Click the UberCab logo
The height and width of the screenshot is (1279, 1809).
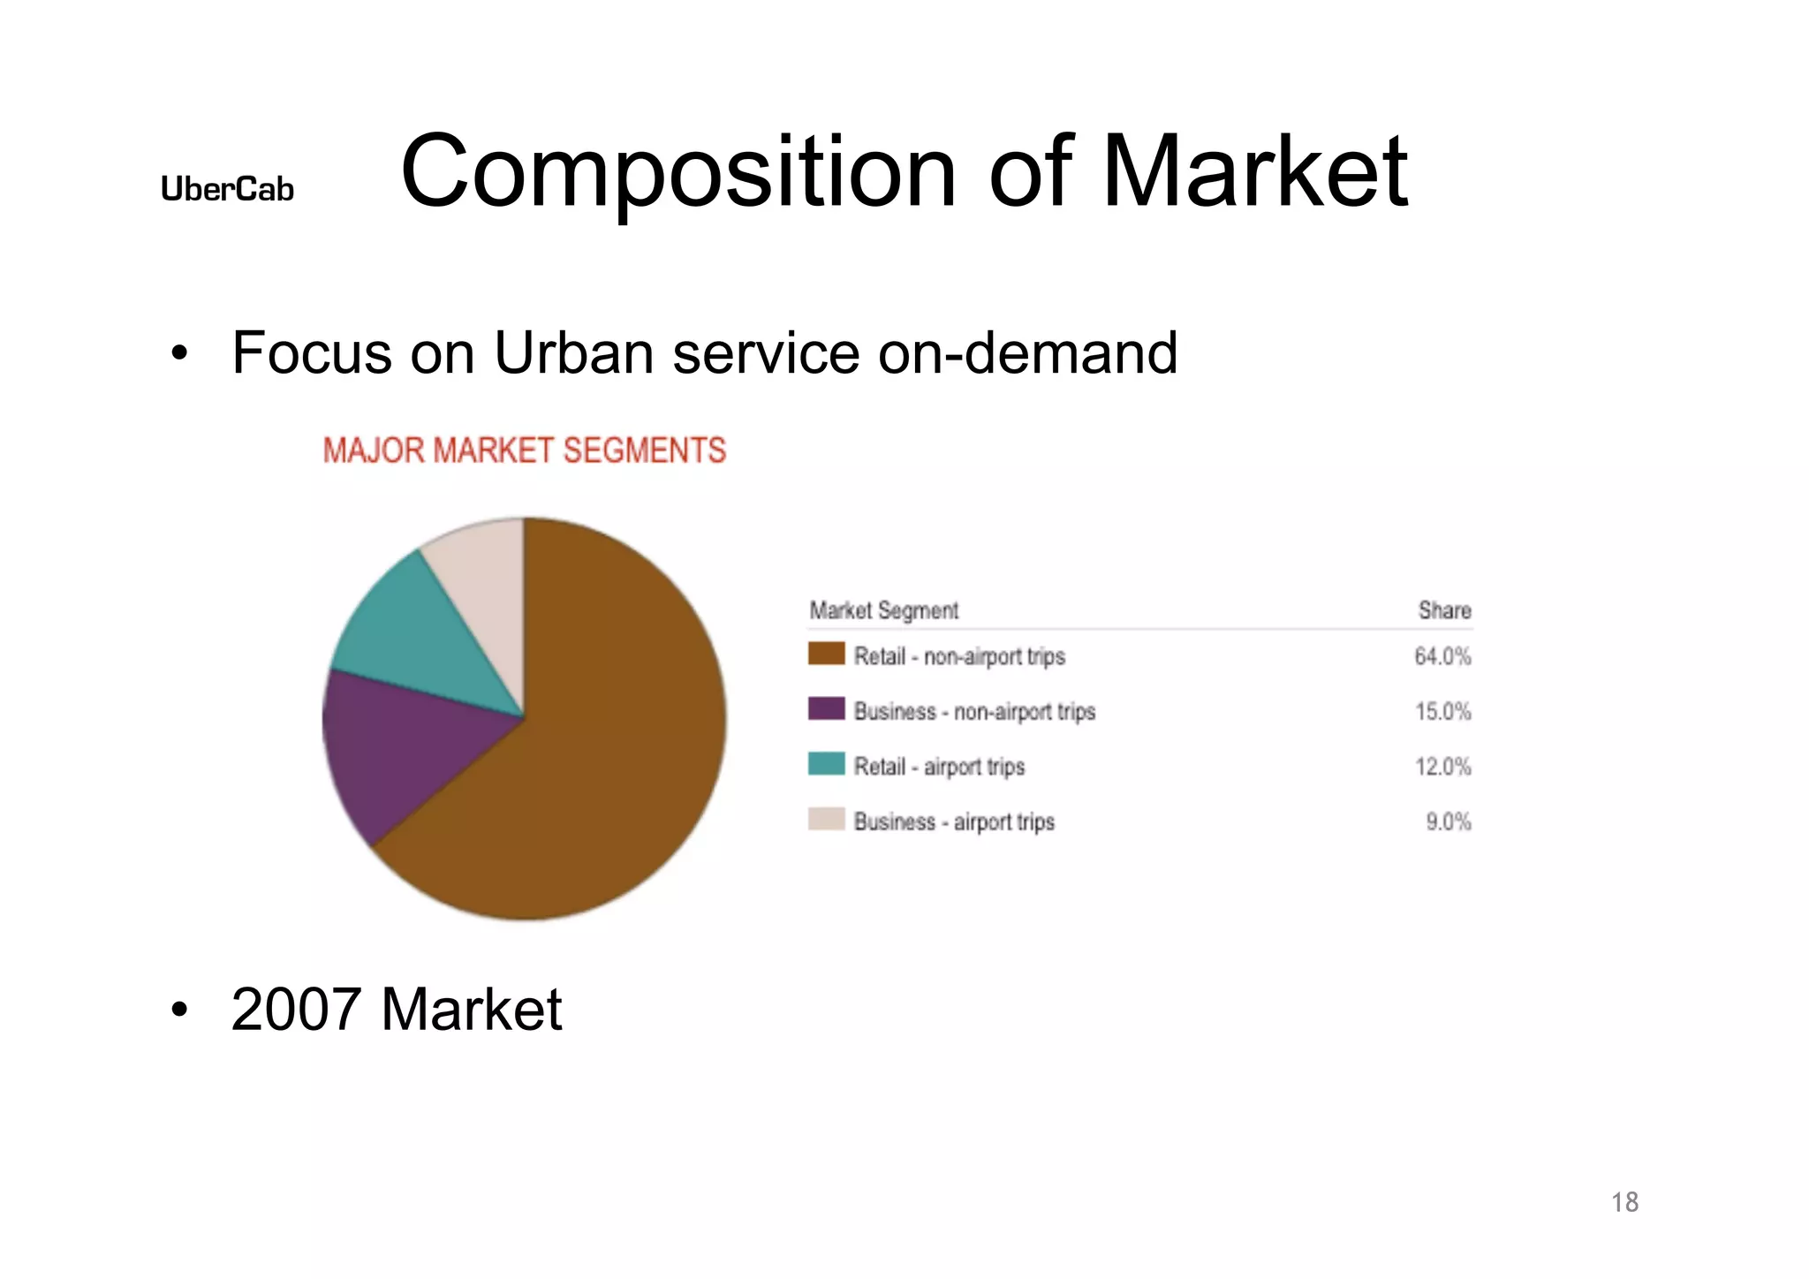click(x=227, y=189)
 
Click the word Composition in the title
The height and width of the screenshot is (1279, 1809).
click(x=677, y=171)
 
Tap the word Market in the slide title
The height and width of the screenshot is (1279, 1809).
click(x=1254, y=171)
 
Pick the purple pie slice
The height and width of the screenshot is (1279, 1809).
click(x=397, y=751)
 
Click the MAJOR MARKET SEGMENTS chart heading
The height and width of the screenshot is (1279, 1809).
click(x=524, y=450)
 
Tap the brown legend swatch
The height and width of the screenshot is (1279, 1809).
click(x=826, y=655)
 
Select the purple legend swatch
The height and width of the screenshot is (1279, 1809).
click(x=826, y=709)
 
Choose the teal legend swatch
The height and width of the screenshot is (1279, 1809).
click(x=826, y=764)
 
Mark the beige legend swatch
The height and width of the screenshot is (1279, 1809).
click(x=826, y=820)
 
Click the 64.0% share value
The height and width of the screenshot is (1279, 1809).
click(x=1442, y=656)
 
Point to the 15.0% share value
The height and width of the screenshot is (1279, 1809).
click(x=1442, y=711)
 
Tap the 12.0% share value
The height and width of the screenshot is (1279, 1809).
click(x=1442, y=767)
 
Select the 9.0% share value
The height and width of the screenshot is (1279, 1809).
click(x=1448, y=821)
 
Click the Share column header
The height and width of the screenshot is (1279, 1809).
click(x=1444, y=610)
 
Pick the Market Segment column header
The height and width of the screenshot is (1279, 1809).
click(x=883, y=610)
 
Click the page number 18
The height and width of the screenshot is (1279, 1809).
click(x=1624, y=1202)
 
